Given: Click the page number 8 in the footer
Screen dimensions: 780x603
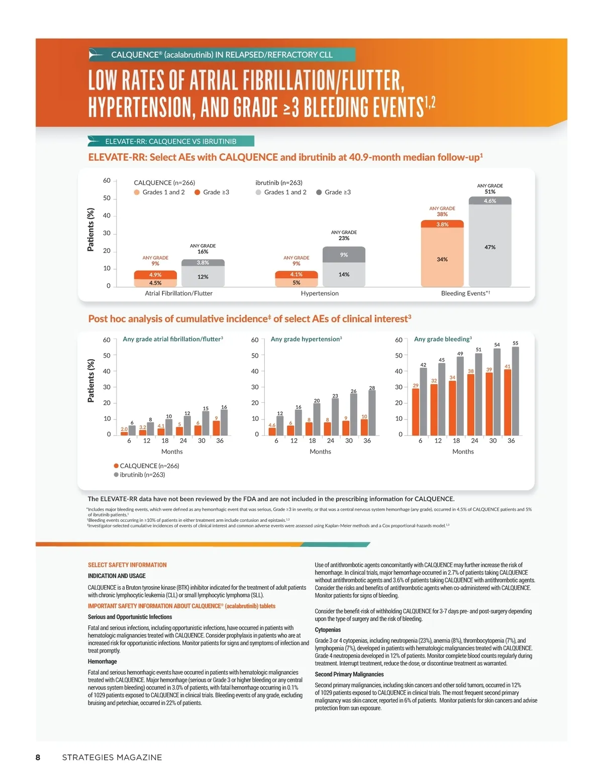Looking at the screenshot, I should click(x=38, y=757).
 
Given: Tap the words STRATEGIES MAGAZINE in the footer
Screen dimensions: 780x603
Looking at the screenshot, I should click(x=112, y=757).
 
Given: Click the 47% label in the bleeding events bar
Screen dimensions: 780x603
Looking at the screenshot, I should click(x=490, y=247).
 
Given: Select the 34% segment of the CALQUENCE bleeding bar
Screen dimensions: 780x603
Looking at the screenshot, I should click(x=442, y=259).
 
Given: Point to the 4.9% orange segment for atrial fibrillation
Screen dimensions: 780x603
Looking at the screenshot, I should click(x=155, y=275).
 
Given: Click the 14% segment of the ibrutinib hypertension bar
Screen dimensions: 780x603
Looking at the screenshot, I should click(x=344, y=274).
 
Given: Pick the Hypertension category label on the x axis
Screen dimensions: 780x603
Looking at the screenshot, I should click(x=320, y=293).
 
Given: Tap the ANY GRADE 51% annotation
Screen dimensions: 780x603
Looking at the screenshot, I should click(x=490, y=189).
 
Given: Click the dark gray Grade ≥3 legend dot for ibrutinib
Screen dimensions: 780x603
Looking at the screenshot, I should click(x=319, y=192).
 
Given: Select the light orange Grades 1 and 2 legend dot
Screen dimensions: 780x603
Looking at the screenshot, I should click(x=137, y=192).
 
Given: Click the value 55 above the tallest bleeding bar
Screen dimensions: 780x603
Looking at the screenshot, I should click(x=515, y=343).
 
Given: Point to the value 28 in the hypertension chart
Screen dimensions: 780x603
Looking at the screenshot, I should click(x=372, y=388).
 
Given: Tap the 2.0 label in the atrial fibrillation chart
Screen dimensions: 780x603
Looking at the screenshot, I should click(x=124, y=429).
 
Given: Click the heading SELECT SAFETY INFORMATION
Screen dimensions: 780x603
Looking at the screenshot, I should click(x=127, y=565).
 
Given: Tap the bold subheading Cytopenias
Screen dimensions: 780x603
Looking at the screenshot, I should click(x=328, y=630).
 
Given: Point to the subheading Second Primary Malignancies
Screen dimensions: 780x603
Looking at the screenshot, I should click(x=349, y=675).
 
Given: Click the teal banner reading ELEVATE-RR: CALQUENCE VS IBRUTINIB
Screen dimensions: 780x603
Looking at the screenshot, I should click(x=171, y=141).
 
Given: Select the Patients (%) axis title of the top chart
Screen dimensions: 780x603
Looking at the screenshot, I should click(x=90, y=230).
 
